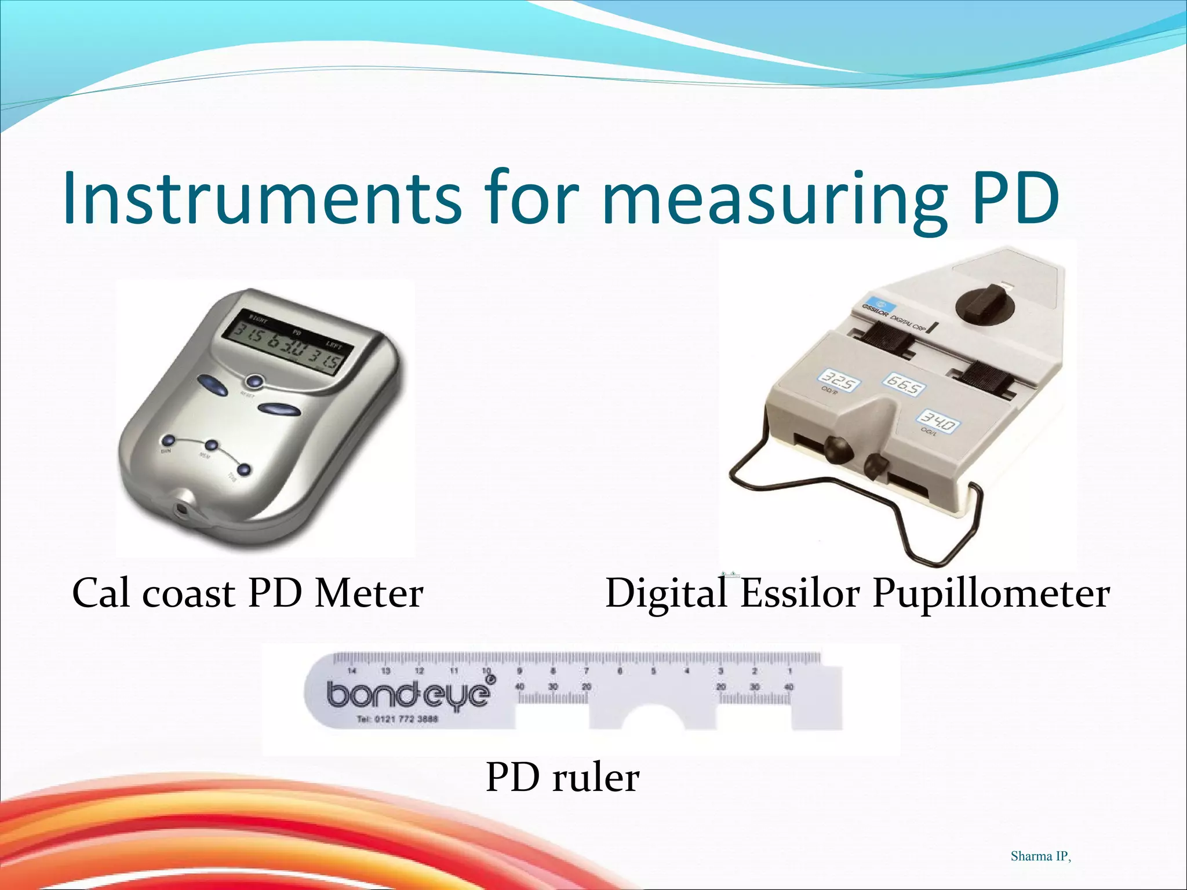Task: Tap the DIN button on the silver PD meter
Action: click(x=169, y=441)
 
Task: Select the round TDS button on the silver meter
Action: click(x=244, y=469)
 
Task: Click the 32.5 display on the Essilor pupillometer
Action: click(x=839, y=383)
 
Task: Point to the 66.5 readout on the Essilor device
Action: click(x=904, y=384)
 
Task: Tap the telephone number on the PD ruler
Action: click(x=398, y=720)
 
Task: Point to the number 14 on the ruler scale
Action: click(x=352, y=671)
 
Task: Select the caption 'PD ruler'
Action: click(x=562, y=778)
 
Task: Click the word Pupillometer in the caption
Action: click(x=991, y=594)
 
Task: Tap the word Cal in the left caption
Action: click(x=104, y=594)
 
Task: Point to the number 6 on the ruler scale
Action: click(x=620, y=671)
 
